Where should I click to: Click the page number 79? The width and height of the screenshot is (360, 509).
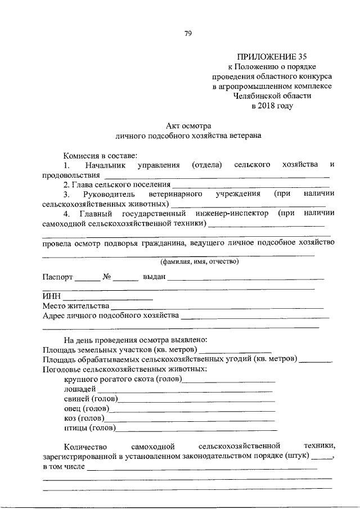[x=188, y=34]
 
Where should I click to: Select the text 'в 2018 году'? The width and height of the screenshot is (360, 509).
[x=272, y=106]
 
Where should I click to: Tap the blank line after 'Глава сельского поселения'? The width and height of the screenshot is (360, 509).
[x=251, y=184]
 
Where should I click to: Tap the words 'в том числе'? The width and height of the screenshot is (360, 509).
[x=64, y=466]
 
